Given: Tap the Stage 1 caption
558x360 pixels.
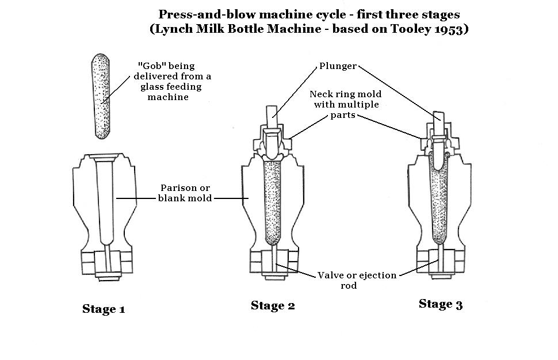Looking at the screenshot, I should pos(104,309).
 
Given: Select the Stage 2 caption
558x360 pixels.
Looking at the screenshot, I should pos(273,306).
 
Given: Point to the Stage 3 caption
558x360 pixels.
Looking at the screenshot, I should pos(441,305).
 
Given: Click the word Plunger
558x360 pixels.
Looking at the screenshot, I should pos(338,67).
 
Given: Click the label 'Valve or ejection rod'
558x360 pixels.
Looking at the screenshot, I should pos(357,280).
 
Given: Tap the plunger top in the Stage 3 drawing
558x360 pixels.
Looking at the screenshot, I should pos(439,116).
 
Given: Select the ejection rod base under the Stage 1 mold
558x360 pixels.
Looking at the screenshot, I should pos(104,263).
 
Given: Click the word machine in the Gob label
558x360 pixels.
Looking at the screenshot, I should pos(167,97).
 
